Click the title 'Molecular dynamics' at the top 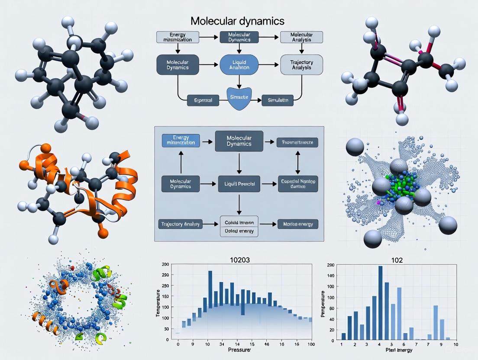238,21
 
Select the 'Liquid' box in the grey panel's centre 239,183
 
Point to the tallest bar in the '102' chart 381,302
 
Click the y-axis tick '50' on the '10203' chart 166,329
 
